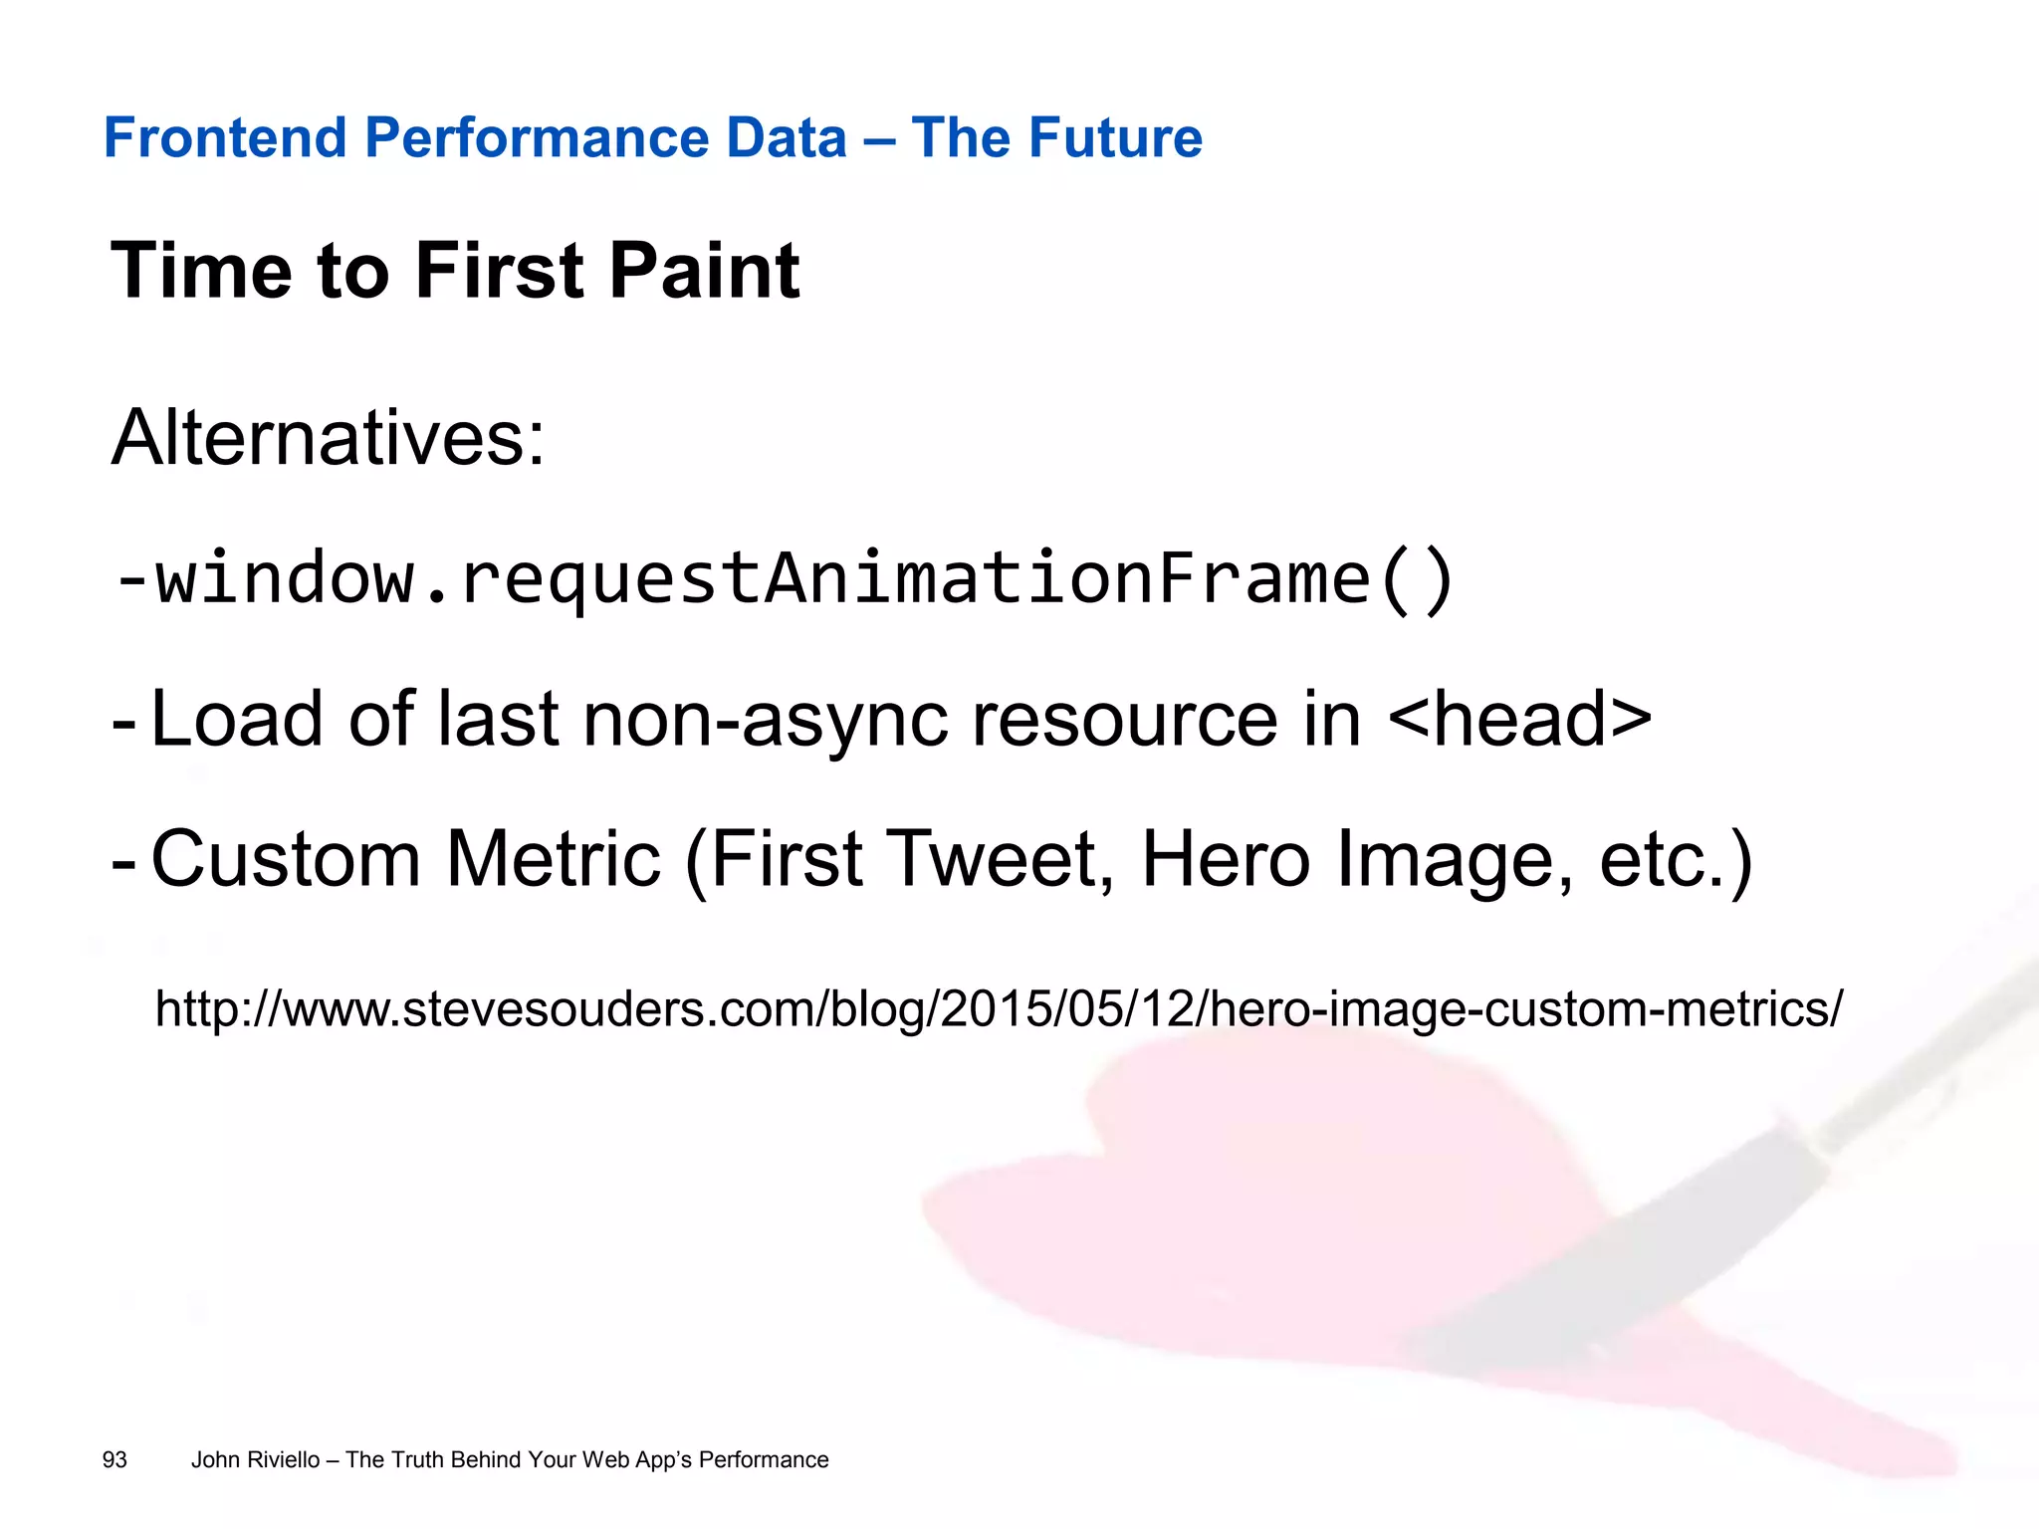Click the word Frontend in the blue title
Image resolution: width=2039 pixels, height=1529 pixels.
[x=225, y=137]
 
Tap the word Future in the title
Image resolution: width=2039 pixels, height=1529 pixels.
[x=1127, y=137]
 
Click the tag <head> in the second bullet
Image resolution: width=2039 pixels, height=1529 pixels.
[x=1518, y=719]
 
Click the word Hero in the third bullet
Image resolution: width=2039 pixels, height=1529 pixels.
[x=1225, y=858]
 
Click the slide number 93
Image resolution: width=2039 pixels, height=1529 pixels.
[x=114, y=1459]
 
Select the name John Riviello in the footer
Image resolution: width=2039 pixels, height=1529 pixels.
[x=255, y=1459]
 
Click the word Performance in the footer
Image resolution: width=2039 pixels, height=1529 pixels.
[x=764, y=1459]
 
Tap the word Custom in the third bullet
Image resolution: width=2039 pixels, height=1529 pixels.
[x=286, y=858]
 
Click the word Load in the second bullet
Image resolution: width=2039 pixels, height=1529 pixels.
[x=236, y=719]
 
